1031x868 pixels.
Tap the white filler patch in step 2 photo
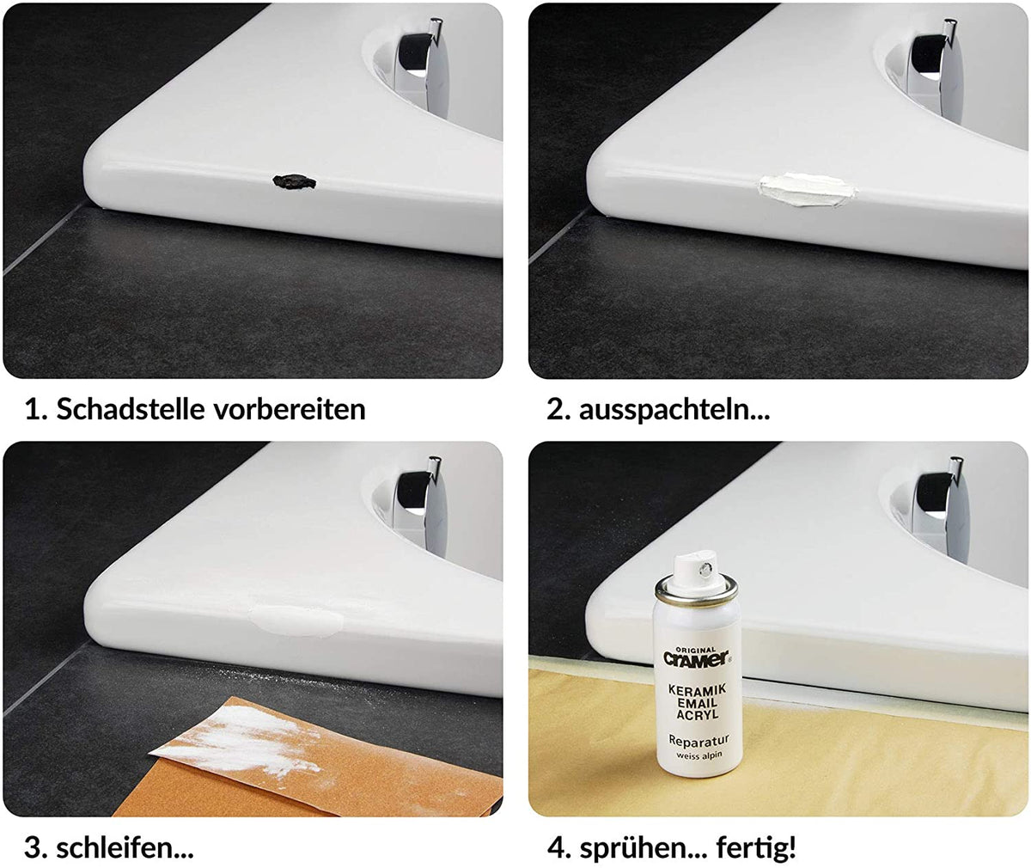[803, 188]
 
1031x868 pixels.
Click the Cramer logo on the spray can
[696, 658]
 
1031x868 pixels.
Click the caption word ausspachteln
[674, 408]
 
